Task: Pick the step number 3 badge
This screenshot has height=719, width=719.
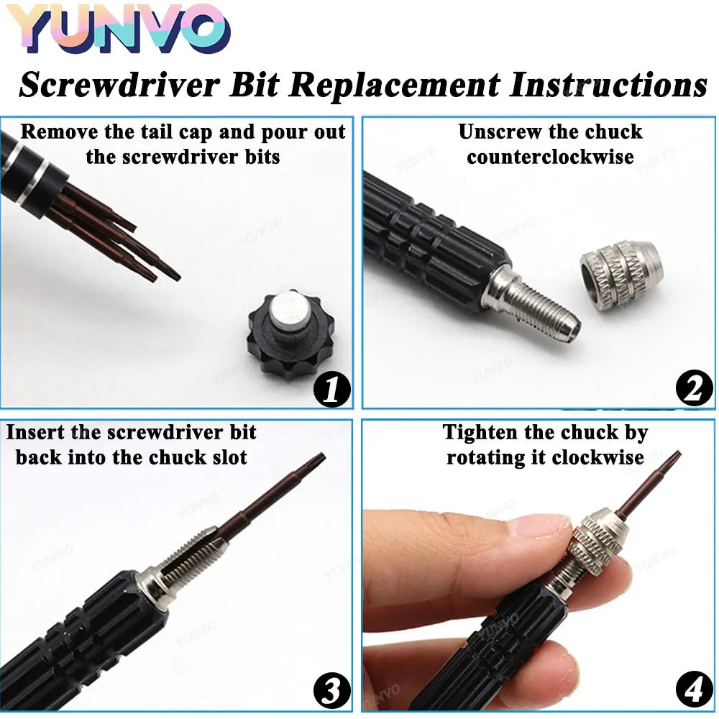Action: [332, 692]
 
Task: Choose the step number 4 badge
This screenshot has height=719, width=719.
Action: [693, 692]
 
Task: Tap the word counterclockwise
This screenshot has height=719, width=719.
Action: [550, 157]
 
